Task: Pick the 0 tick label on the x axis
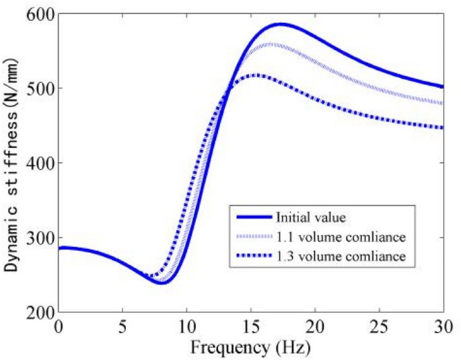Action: click(59, 326)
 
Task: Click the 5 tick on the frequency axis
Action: click(122, 326)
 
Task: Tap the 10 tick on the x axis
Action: click(186, 326)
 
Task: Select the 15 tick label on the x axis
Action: click(250, 326)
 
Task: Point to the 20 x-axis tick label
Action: click(315, 326)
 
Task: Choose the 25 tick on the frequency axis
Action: click(379, 326)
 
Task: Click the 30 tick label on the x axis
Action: click(442, 326)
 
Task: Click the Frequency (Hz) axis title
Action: click(250, 347)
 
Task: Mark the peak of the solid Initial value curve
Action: click(281, 24)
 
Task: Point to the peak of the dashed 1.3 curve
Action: click(258, 75)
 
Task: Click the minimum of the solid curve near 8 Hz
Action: click(161, 283)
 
